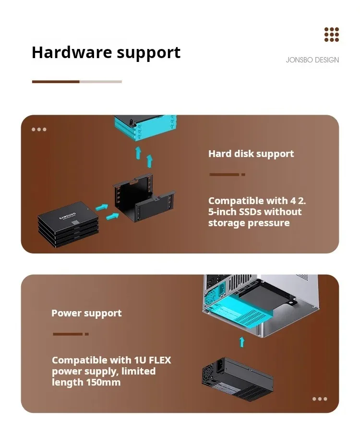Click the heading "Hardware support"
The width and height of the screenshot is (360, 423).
pyautogui.click(x=106, y=52)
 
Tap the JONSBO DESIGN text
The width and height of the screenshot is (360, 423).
pyautogui.click(x=312, y=60)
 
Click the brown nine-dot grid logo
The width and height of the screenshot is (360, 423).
pyautogui.click(x=331, y=35)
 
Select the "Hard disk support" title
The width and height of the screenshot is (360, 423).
pyautogui.click(x=251, y=154)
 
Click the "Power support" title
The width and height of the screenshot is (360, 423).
pyautogui.click(x=86, y=313)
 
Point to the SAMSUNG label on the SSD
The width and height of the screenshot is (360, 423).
pyautogui.click(x=68, y=216)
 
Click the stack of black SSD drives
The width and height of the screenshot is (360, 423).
pyautogui.click(x=68, y=224)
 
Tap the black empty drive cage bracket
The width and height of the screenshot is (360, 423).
pyautogui.click(x=144, y=197)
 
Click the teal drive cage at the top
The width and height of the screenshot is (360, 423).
pyautogui.click(x=145, y=127)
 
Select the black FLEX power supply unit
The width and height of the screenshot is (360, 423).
pyautogui.click(x=238, y=379)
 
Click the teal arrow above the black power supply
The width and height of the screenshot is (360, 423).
pyautogui.click(x=242, y=342)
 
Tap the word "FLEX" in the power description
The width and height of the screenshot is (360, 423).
pyautogui.click(x=160, y=360)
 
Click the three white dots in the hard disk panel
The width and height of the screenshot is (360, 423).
pyautogui.click(x=39, y=130)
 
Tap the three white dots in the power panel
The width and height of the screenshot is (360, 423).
pyautogui.click(x=320, y=399)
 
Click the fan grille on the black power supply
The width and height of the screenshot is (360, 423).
pyautogui.click(x=208, y=372)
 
